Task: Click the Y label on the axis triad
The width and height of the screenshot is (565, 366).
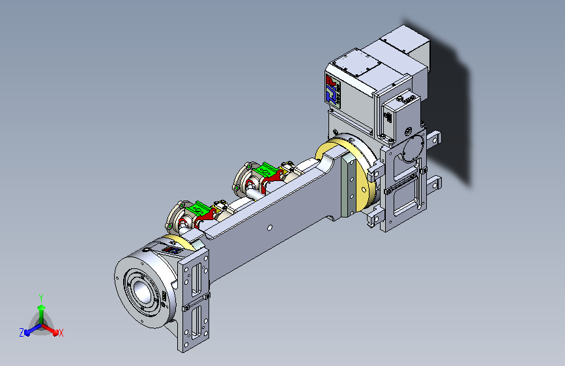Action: pos(41,298)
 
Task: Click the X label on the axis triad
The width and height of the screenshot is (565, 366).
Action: pos(61,333)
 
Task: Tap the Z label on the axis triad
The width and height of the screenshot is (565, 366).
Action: pos(22,333)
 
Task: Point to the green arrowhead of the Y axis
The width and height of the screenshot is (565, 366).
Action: pos(42,307)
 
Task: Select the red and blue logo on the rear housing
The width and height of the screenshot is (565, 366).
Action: pos(332,89)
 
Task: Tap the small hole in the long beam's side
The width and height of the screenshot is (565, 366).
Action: pos(270,227)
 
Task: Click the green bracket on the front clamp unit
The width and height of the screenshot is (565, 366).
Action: pos(199,210)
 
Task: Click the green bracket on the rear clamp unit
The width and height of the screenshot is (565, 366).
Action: pos(267,171)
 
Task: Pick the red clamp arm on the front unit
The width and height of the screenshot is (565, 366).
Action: pos(205,219)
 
